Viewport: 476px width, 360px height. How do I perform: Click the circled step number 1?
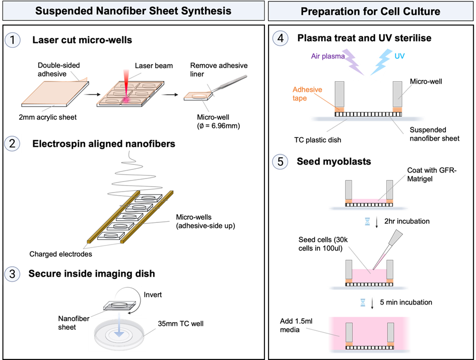(13, 40)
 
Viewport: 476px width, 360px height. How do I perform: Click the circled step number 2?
(13, 144)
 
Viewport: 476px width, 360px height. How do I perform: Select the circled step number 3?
(13, 274)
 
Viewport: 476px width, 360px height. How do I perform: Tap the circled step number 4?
(281, 39)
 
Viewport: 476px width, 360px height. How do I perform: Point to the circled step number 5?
(281, 161)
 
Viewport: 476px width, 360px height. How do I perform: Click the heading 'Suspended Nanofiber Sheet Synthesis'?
(133, 11)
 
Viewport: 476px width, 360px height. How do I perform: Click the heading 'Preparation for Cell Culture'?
(370, 11)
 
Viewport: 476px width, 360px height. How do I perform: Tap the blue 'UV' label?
(399, 56)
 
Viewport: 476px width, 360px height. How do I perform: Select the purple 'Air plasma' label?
(327, 56)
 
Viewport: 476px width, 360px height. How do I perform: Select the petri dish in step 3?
(117, 335)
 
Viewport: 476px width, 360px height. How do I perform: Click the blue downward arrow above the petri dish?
(119, 331)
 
